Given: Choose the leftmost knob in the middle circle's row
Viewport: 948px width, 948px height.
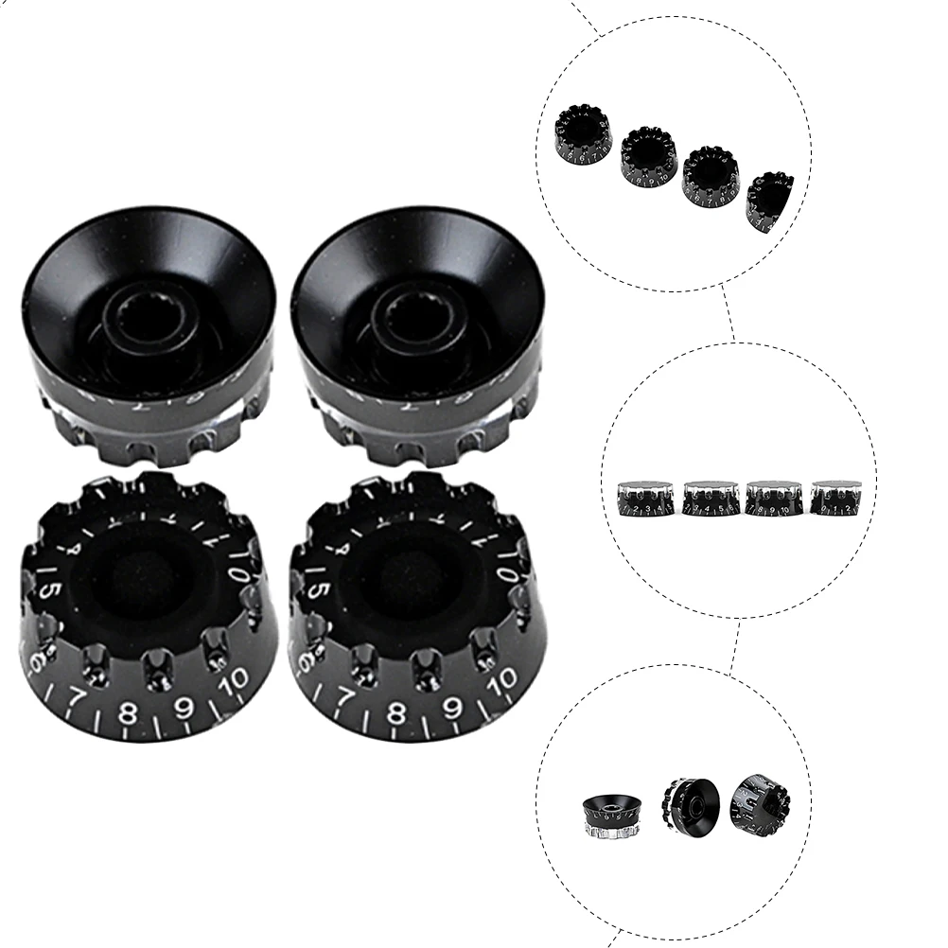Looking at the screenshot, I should coord(646,498).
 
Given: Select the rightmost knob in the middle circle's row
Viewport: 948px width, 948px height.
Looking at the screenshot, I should coord(834,498).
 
